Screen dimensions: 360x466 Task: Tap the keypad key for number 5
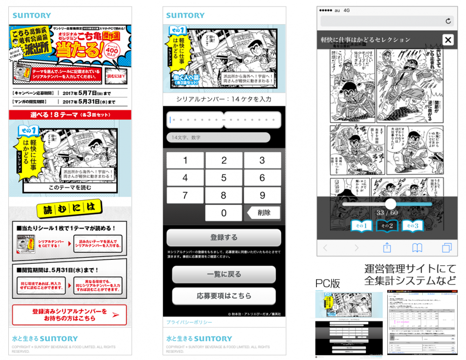point(224,178)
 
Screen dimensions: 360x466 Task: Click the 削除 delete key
point(262,213)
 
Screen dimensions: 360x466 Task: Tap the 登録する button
point(224,237)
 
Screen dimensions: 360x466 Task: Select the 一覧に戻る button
point(224,275)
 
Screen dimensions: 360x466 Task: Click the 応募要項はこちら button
point(224,296)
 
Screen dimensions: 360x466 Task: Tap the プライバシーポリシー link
point(189,322)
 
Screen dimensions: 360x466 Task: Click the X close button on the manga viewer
point(447,40)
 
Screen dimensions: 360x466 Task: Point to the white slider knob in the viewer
point(391,203)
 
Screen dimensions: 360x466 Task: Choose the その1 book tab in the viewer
point(362,226)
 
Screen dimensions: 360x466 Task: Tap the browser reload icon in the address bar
point(448,21)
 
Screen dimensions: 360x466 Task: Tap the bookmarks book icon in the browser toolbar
point(417,247)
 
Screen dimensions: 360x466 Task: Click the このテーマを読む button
point(70,188)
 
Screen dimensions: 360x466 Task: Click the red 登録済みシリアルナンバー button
point(69,315)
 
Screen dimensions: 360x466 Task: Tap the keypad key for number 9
point(262,195)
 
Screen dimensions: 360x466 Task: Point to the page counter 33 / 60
point(386,213)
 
